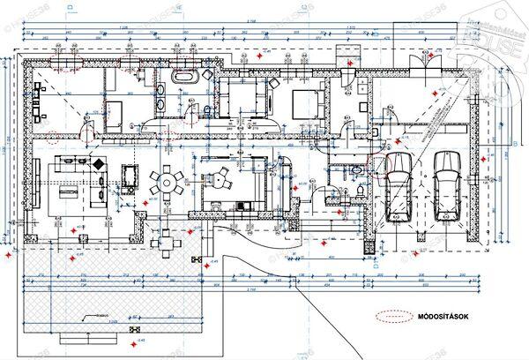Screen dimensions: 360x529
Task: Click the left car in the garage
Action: (x=399, y=187)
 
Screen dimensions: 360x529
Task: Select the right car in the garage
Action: (x=447, y=186)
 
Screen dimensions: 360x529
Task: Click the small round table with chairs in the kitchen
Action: (x=216, y=178)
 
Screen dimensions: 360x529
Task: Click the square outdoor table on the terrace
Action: (x=160, y=237)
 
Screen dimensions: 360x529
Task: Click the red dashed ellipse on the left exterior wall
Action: (x=55, y=137)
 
